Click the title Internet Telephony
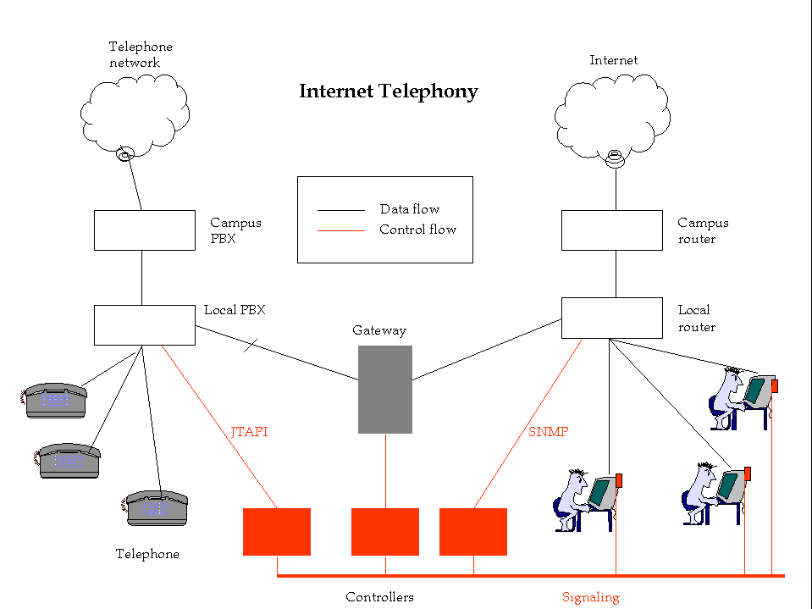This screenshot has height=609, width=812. pyautogui.click(x=389, y=91)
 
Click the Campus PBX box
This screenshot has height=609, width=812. pyautogui.click(x=144, y=230)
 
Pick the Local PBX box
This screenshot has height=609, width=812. pyautogui.click(x=144, y=325)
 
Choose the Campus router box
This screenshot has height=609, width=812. pyautogui.click(x=611, y=230)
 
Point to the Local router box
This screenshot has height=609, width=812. pyautogui.click(x=611, y=318)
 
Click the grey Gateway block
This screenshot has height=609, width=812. pyautogui.click(x=385, y=390)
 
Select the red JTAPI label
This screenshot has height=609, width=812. pyautogui.click(x=249, y=432)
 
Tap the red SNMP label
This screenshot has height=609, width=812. pyautogui.click(x=548, y=432)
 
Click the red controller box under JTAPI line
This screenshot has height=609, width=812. pyautogui.click(x=277, y=532)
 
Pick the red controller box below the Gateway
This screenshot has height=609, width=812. pyautogui.click(x=385, y=532)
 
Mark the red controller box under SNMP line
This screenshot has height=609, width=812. pyautogui.click(x=473, y=532)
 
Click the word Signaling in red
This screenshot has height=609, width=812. pyautogui.click(x=591, y=597)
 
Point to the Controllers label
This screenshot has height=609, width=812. pyautogui.click(x=379, y=597)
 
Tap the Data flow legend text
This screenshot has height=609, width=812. pyautogui.click(x=409, y=209)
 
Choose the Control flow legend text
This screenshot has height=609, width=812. pyautogui.click(x=417, y=230)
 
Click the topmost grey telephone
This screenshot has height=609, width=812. pyautogui.click(x=56, y=401)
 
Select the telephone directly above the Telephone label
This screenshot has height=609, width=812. pyautogui.click(x=156, y=508)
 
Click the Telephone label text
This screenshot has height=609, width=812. pyautogui.click(x=147, y=554)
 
